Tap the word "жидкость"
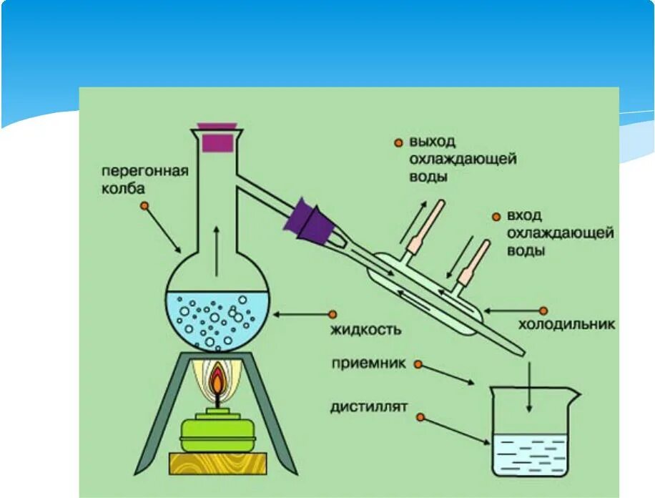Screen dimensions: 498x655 coord(365,330)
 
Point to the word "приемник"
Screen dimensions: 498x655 coord(368,364)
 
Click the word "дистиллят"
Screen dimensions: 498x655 coord(368,407)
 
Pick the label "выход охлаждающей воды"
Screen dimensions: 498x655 coord(463,159)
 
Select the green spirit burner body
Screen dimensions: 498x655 coord(216,432)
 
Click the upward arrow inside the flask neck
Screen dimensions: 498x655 coord(217,250)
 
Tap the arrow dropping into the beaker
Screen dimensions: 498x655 coord(529,386)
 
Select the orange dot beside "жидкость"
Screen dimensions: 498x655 coord(333,313)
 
